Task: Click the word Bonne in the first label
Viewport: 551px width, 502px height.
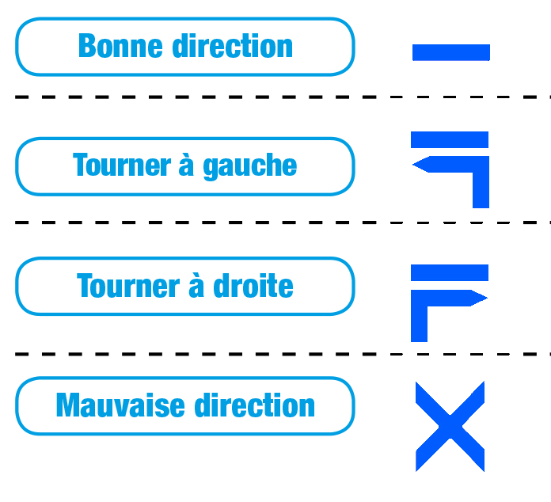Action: (120, 46)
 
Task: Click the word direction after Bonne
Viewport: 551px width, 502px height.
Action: (232, 45)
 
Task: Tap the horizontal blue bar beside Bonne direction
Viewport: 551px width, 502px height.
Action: (450, 52)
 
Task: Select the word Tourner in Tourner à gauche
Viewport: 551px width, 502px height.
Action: (122, 165)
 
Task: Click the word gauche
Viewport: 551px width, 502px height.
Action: (250, 166)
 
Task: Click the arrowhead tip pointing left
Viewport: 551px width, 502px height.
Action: (413, 164)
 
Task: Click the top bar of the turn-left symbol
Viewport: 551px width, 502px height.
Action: (450, 139)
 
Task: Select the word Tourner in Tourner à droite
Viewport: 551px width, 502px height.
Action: (128, 286)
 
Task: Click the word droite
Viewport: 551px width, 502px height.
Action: (253, 285)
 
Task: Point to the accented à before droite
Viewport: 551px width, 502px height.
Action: (196, 285)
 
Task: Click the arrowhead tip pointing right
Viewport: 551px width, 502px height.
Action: (487, 298)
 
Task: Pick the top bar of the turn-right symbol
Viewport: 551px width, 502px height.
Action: (450, 273)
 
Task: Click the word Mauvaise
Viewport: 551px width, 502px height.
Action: (120, 405)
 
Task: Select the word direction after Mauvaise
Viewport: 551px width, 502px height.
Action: (254, 405)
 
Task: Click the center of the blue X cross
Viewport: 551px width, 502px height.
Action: (450, 427)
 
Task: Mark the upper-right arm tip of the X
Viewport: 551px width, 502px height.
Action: (484, 382)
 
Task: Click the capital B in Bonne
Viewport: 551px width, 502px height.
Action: (87, 46)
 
